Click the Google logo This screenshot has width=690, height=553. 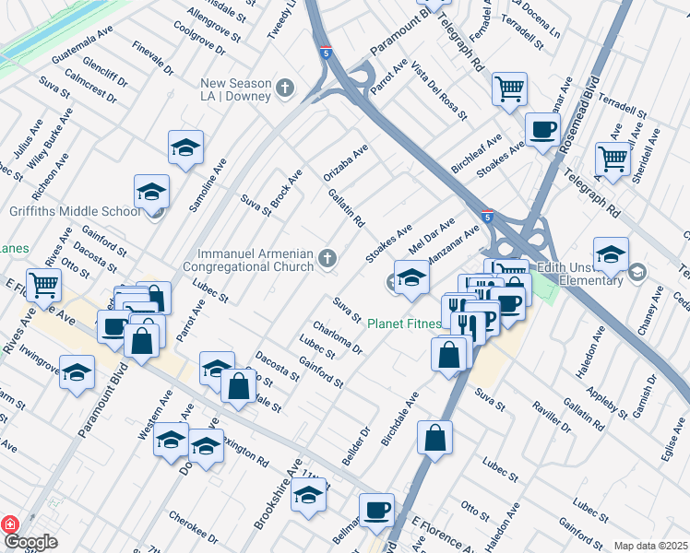[x=30, y=542]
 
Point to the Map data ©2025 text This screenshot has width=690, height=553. [x=650, y=546]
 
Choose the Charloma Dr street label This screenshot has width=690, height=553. [x=338, y=338]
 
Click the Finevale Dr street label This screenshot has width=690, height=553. [x=152, y=57]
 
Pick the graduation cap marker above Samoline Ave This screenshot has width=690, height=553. [x=185, y=147]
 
